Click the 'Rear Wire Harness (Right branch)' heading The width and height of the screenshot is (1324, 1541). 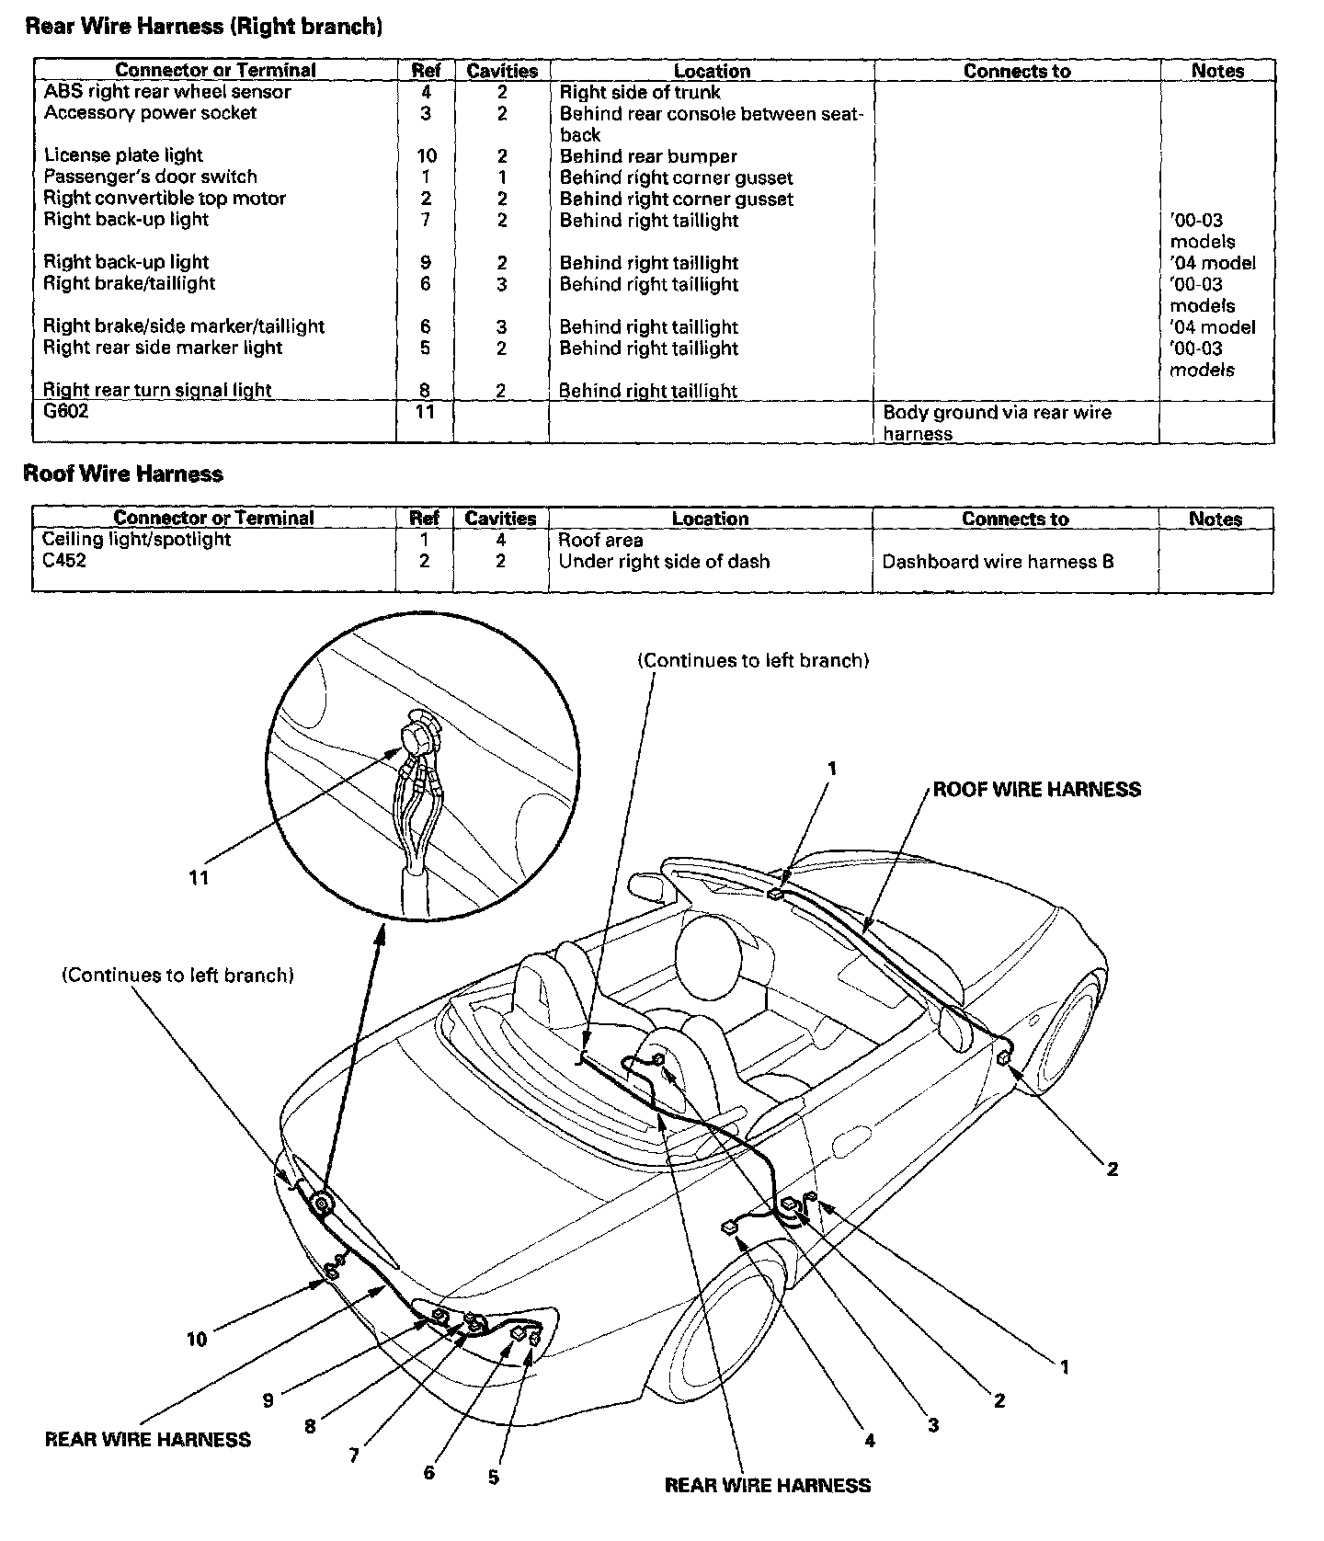[203, 27]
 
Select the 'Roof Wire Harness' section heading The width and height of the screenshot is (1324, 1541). [123, 474]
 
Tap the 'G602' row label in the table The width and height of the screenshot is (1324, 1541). [66, 412]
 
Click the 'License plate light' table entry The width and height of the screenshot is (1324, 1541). [123, 155]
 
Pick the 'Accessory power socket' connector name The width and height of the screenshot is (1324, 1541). [150, 113]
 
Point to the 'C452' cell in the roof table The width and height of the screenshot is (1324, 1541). [63, 561]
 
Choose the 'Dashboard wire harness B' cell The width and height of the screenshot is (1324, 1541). [998, 562]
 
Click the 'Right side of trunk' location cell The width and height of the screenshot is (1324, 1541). [640, 92]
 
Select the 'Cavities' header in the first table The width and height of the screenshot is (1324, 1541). [502, 71]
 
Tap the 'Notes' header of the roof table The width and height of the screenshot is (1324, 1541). [1215, 519]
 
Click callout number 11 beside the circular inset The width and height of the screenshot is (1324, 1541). [199, 877]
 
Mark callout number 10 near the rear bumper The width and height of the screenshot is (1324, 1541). [197, 1340]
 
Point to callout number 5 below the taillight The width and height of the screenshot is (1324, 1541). [494, 1478]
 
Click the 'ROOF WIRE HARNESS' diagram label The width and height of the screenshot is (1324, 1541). [1036, 790]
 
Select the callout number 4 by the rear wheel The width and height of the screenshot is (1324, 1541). [869, 1441]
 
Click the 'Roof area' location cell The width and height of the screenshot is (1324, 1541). [600, 541]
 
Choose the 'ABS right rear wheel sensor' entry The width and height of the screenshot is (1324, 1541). [166, 92]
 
